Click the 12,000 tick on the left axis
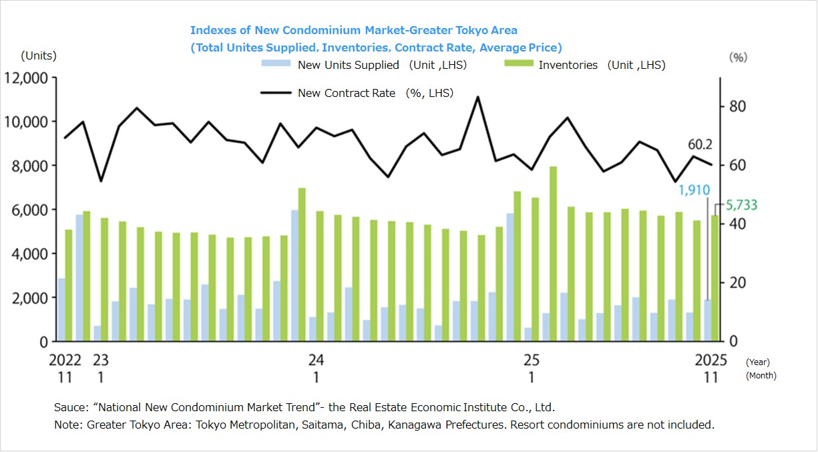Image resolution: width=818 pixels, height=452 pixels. (x=26, y=78)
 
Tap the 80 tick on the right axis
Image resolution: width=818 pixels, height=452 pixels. (x=737, y=107)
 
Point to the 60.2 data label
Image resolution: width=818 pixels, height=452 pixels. (x=700, y=144)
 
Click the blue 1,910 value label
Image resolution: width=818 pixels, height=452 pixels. (x=694, y=191)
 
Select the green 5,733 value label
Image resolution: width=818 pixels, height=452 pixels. (x=742, y=205)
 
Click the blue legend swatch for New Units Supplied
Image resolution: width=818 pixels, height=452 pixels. (x=275, y=64)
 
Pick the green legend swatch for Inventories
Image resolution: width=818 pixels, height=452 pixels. (x=516, y=64)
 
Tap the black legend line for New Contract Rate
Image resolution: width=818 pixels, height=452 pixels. (x=275, y=93)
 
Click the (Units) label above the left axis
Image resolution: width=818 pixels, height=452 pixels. (x=39, y=55)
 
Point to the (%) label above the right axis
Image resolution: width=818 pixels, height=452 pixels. (x=738, y=58)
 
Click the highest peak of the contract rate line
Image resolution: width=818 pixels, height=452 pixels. (x=477, y=97)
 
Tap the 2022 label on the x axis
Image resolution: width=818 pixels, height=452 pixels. (x=65, y=360)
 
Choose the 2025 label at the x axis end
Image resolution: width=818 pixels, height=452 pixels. (x=711, y=360)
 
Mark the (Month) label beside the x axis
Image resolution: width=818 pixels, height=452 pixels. (x=761, y=376)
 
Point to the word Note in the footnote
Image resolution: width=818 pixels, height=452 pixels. (x=66, y=425)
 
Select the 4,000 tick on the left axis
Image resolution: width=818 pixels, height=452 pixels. (x=26, y=254)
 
